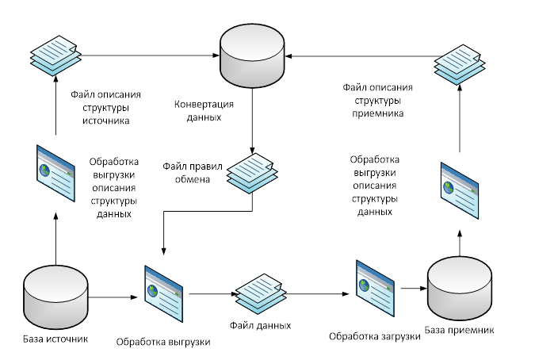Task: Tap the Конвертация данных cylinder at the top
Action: point(253,56)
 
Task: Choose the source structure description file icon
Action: point(55,51)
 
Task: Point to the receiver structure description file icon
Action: point(460,59)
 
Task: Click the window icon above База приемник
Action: point(460,190)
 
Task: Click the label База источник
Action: point(55,339)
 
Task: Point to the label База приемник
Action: point(460,329)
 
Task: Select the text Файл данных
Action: point(261,325)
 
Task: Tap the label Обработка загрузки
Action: point(374,337)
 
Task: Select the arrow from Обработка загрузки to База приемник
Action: point(411,289)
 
